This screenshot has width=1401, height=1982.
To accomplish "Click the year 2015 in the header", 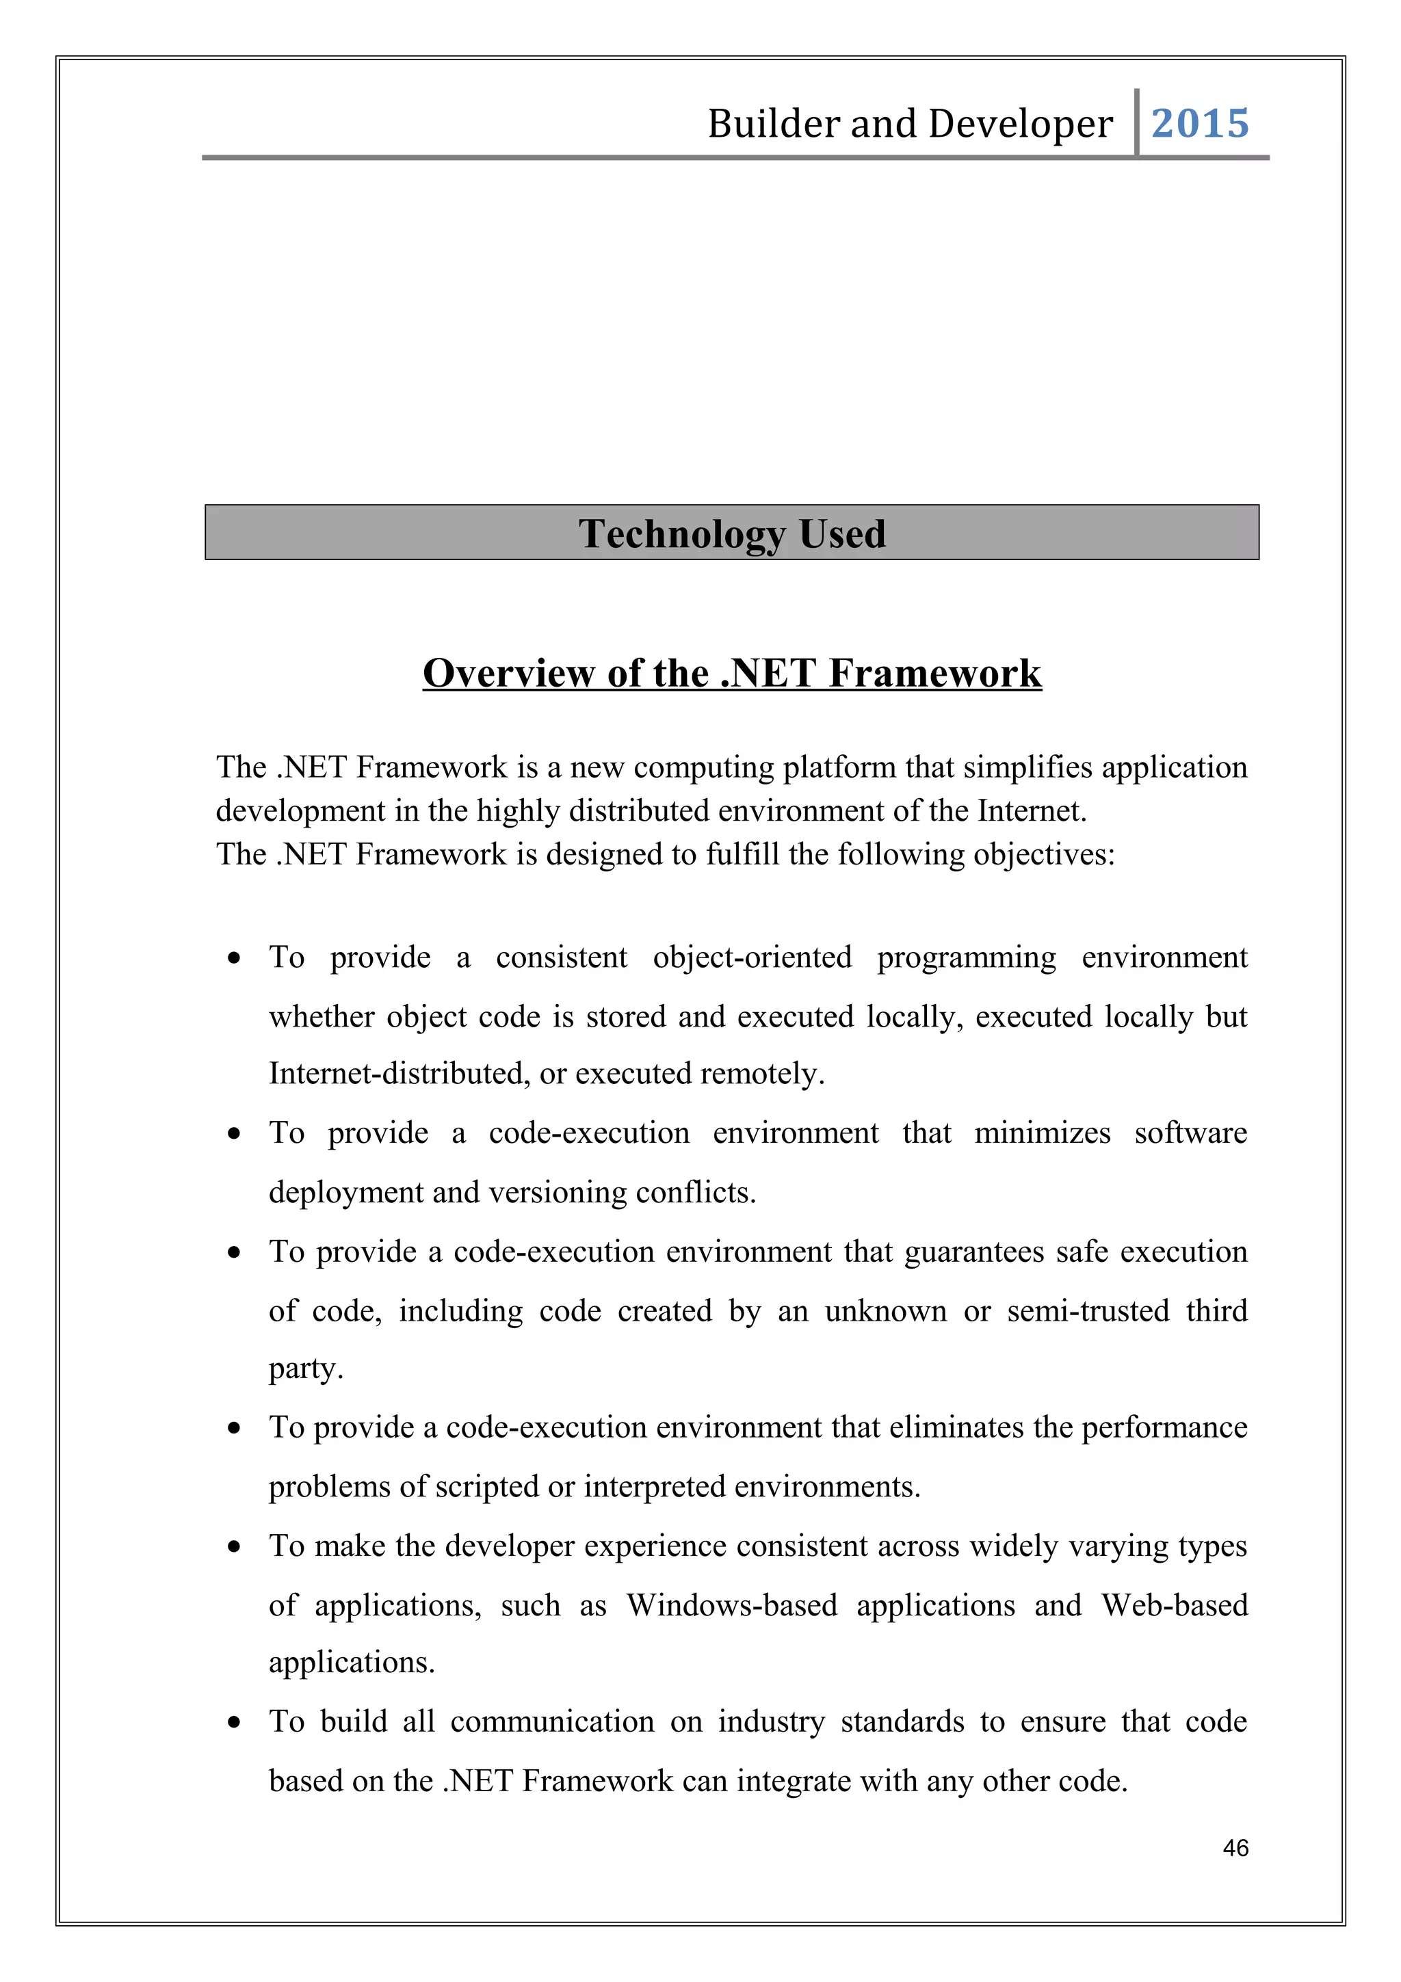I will [x=1199, y=123].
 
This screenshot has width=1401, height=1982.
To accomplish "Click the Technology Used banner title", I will [x=731, y=533].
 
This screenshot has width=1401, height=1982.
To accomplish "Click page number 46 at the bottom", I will [x=1235, y=1847].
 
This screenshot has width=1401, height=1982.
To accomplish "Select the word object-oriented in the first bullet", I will [x=752, y=957].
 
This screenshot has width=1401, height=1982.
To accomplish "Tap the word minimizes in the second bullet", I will [x=1042, y=1133].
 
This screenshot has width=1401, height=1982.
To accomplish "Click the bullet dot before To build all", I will [x=234, y=1723].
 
